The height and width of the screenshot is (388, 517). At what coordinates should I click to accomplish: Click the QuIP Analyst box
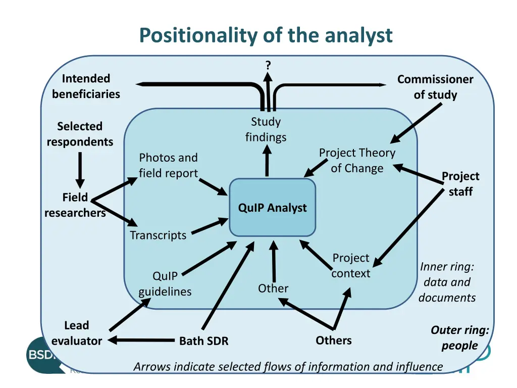(272, 208)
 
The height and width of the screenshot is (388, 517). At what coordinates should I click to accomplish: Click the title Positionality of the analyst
(266, 35)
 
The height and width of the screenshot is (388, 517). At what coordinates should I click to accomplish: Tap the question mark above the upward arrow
(268, 65)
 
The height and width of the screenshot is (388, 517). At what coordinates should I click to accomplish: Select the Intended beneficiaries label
(86, 86)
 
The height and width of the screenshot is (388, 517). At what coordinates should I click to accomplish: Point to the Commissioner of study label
(435, 87)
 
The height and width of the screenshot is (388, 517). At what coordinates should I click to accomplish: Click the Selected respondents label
(80, 134)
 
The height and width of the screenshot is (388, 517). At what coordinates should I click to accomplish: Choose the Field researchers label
(75, 205)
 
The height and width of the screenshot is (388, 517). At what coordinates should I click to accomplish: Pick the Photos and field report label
(168, 165)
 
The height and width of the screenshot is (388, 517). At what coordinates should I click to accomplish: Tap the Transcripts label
(158, 235)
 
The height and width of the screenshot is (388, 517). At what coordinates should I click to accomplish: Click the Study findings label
(266, 129)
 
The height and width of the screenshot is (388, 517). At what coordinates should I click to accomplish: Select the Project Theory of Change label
(357, 160)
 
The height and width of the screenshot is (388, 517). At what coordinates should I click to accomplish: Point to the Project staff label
(460, 183)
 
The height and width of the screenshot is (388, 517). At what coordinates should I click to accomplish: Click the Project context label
(351, 265)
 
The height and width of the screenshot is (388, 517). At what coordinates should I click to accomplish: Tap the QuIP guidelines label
(165, 283)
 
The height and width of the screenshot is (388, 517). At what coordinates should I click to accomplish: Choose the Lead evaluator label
(77, 333)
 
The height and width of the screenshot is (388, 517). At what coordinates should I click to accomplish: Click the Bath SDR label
(204, 341)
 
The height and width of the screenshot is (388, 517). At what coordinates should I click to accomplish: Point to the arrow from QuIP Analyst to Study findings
(267, 162)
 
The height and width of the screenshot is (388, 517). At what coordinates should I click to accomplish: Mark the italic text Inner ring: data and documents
(447, 282)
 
